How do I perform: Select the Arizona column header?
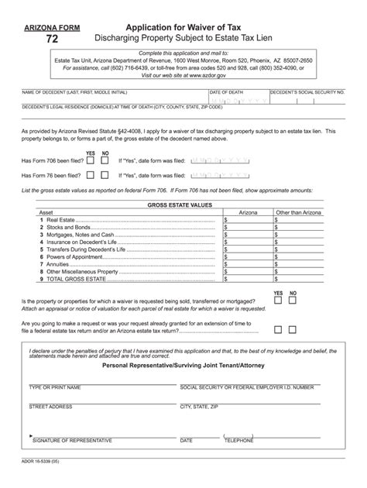[248, 211]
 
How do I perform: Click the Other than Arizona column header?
[299, 211]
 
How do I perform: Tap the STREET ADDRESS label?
[50, 406]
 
